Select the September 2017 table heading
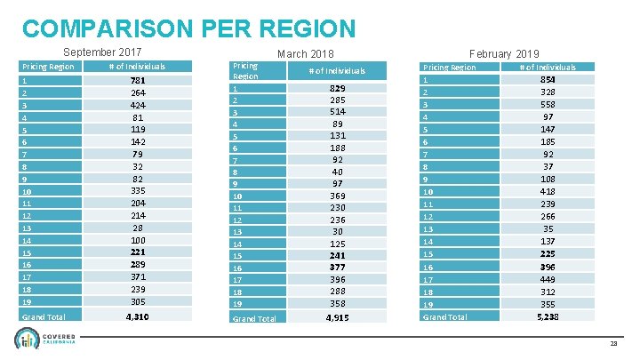coord(102,52)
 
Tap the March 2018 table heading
coord(305,55)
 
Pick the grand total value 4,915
coord(338,318)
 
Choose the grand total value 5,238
coord(548,316)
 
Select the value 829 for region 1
coord(338,90)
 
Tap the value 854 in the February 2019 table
coord(548,79)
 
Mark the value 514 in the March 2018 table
coord(338,111)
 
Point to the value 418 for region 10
coord(548,191)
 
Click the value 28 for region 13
coord(138,228)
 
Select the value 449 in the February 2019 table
coord(548,278)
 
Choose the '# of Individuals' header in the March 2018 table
coord(337,71)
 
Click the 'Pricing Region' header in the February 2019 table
coord(449,68)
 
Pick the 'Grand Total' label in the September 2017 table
coord(41,316)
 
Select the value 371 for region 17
coord(138,278)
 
